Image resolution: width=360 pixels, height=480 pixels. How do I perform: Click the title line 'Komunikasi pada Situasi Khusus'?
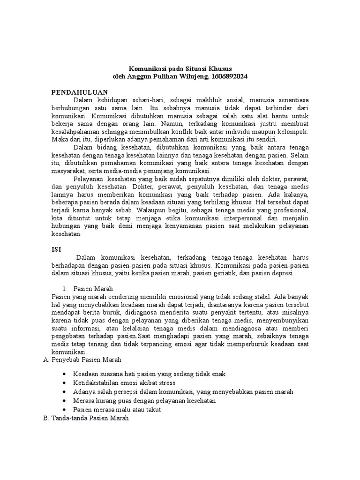click(180, 68)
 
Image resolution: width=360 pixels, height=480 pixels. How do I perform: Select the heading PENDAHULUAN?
click(80, 92)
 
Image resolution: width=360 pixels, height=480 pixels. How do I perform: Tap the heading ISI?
click(56, 249)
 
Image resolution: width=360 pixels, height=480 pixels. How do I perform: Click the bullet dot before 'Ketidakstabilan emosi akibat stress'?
click(64, 382)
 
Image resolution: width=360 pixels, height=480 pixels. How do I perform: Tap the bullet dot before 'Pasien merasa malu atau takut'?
click(64, 409)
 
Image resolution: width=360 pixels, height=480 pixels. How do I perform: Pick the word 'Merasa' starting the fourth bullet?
click(83, 400)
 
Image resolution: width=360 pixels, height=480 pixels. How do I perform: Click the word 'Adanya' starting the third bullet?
click(83, 391)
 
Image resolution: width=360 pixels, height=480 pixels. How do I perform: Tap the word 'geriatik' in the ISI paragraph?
click(216, 273)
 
